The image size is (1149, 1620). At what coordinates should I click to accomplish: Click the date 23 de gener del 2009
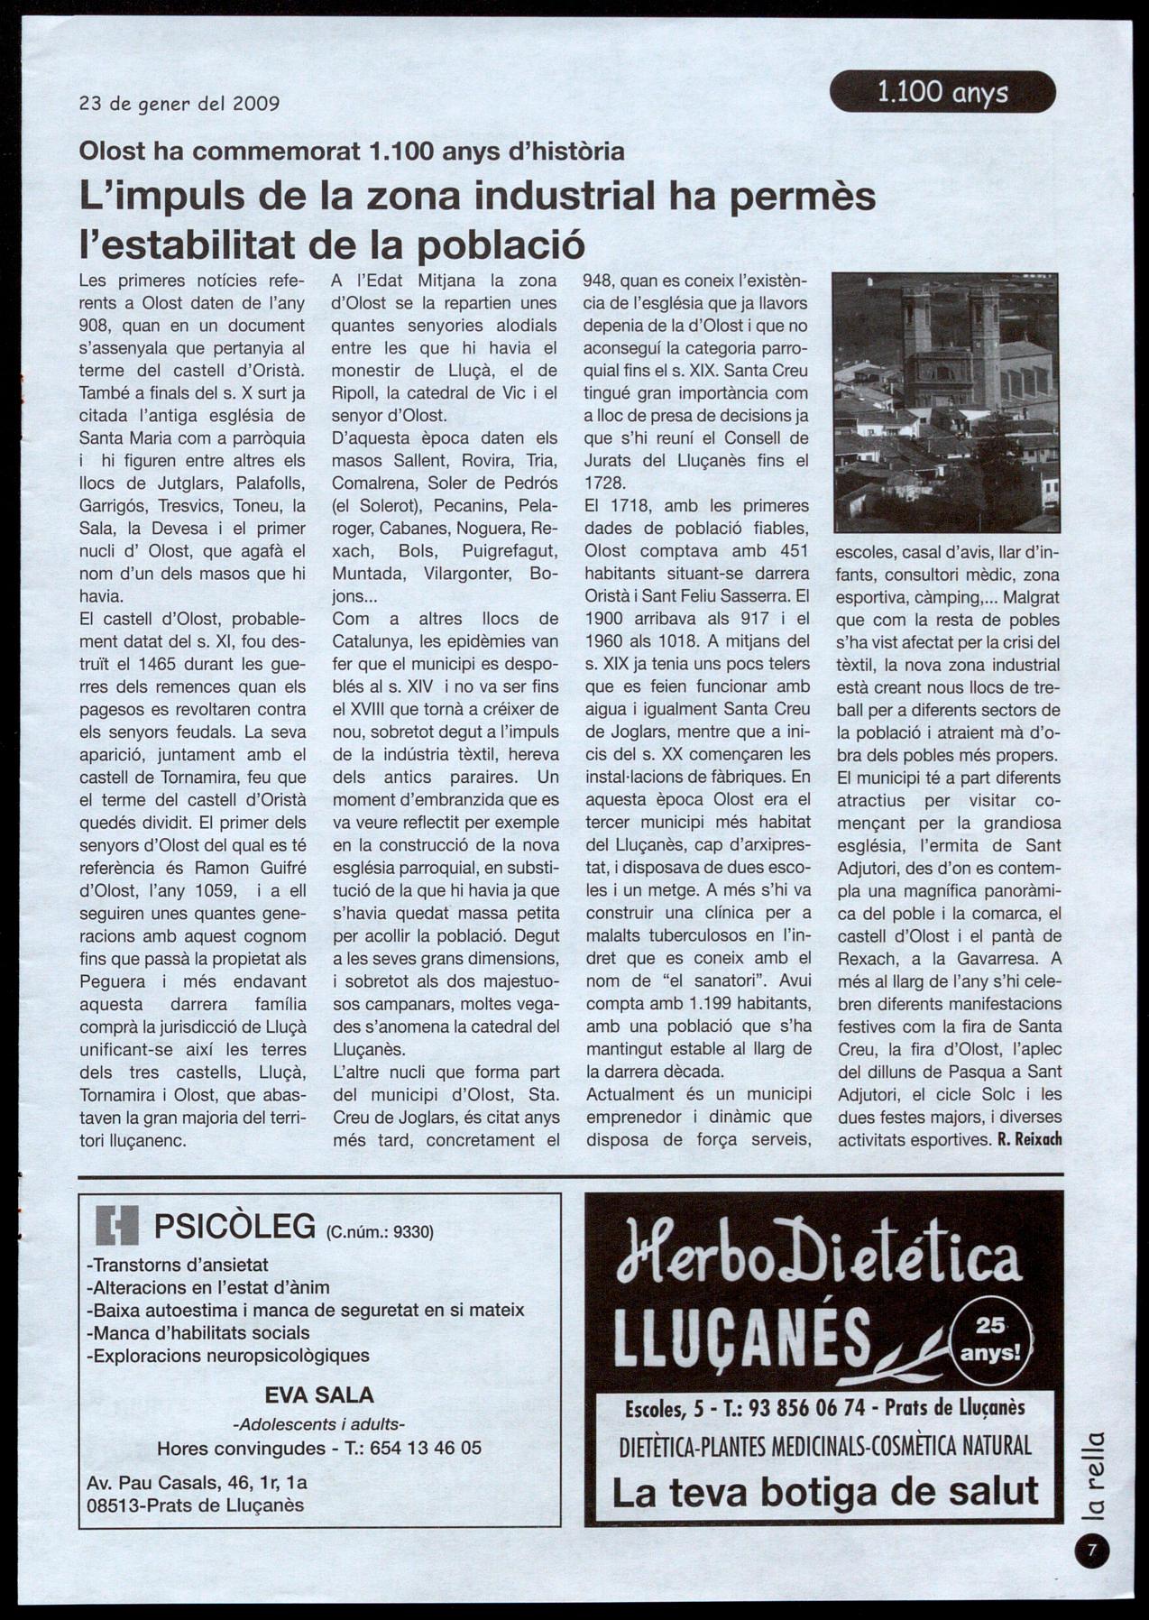point(179,103)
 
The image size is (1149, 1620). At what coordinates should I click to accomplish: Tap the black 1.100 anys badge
point(942,92)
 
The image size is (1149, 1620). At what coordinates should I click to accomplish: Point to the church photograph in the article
point(946,402)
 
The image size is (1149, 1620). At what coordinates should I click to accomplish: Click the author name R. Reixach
point(1029,1139)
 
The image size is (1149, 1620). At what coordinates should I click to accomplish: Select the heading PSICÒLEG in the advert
point(234,1227)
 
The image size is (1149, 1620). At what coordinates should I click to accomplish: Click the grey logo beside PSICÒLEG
point(117,1225)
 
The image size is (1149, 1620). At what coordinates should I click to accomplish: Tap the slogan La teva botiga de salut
point(824,1492)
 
